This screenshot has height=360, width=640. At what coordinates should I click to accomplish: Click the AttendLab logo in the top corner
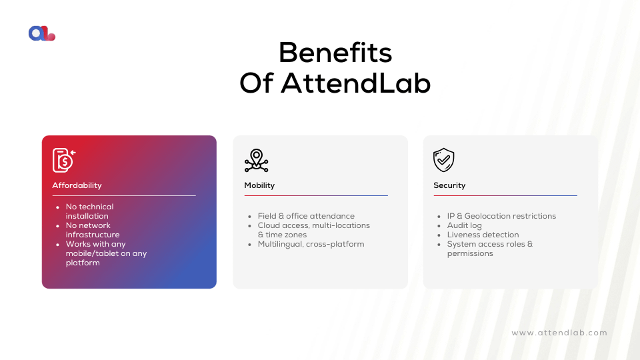click(x=42, y=33)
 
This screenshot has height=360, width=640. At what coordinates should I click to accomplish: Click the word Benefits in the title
click(x=335, y=52)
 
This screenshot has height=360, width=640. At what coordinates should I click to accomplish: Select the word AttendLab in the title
click(x=355, y=83)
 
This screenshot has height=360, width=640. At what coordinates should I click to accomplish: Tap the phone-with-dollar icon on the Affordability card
click(x=64, y=160)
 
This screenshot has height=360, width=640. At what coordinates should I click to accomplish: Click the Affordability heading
click(x=77, y=185)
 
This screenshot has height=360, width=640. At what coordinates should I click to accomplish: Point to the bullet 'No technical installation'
click(x=89, y=211)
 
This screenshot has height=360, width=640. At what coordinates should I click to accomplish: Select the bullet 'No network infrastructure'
click(x=93, y=230)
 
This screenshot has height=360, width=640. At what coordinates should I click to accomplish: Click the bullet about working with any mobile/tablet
click(x=106, y=253)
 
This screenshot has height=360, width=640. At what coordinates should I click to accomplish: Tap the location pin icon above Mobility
click(x=256, y=161)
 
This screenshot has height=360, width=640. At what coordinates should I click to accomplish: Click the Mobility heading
click(x=259, y=185)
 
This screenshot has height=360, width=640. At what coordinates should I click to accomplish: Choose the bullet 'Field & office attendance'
click(x=306, y=216)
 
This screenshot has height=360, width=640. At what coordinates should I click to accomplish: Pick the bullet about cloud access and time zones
click(x=313, y=230)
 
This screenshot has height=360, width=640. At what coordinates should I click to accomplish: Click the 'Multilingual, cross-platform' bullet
click(x=311, y=244)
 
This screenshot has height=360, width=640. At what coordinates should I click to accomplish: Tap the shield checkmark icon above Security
click(x=444, y=161)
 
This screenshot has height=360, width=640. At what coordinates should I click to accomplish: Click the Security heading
click(x=449, y=185)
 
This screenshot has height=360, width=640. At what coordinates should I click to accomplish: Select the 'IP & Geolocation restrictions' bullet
click(x=501, y=216)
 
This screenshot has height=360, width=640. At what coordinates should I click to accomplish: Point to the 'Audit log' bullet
click(x=464, y=225)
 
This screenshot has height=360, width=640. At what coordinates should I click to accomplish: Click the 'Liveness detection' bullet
click(x=483, y=235)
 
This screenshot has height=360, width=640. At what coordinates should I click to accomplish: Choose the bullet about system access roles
click(x=490, y=249)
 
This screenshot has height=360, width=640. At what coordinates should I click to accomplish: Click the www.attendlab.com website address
click(x=559, y=333)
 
